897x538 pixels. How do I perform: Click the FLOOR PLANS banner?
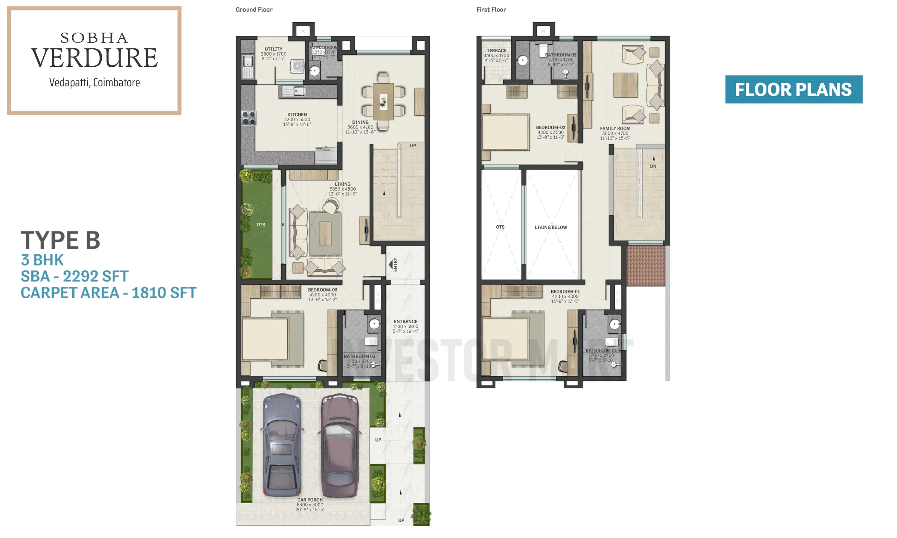(x=793, y=90)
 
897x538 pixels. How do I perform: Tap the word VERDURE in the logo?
(x=94, y=58)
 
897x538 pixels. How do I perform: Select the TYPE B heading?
(x=60, y=240)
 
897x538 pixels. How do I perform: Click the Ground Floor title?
(x=254, y=10)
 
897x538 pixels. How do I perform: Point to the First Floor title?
(x=491, y=10)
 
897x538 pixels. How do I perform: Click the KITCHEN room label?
(x=297, y=114)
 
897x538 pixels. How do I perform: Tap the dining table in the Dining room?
(x=383, y=102)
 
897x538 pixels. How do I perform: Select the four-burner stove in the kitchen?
(x=249, y=118)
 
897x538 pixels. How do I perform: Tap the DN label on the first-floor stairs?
(x=653, y=166)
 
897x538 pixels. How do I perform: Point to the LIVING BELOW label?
(x=551, y=227)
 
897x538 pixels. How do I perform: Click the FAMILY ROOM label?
(x=615, y=128)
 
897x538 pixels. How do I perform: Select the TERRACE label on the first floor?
(x=496, y=51)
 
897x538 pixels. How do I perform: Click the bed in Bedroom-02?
(x=505, y=132)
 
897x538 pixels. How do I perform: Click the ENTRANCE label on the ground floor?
(x=405, y=322)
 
